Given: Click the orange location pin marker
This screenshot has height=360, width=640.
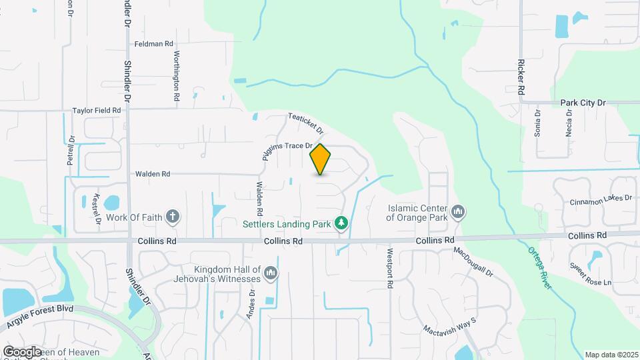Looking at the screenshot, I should tap(321, 159).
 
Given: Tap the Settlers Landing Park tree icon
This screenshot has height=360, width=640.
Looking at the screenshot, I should tap(342, 222).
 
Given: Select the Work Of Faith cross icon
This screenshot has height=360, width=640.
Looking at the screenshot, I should tap(173, 216).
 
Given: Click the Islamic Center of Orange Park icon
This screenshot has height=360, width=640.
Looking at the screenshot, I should tap(458, 213).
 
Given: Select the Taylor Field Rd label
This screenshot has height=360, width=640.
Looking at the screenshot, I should tap(97, 111).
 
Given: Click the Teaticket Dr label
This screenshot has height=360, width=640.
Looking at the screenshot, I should tap(305, 123).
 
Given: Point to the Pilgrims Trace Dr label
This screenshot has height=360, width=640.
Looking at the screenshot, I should tap(285, 146).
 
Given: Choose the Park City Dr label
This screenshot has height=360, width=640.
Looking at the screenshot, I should tap(582, 103).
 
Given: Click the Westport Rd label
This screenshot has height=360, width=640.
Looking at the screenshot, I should tap(389, 269).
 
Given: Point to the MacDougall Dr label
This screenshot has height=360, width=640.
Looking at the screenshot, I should tap(473, 263).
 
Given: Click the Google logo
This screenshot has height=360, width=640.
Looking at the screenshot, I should tap(22, 351).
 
